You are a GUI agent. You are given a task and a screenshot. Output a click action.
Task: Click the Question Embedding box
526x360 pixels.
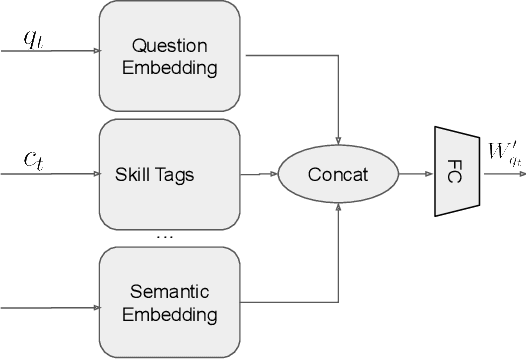(170, 56)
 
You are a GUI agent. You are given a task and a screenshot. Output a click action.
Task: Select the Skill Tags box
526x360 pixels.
(170, 175)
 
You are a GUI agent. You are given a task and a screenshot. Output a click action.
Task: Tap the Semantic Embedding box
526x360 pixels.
(170, 303)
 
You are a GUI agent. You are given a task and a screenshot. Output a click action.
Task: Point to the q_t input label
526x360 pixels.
(33, 40)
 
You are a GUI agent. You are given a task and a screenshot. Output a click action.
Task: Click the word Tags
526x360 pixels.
(177, 175)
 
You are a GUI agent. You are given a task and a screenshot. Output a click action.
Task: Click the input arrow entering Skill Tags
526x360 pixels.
(50, 173)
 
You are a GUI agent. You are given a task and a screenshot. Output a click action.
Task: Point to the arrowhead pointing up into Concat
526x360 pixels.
(340, 209)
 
